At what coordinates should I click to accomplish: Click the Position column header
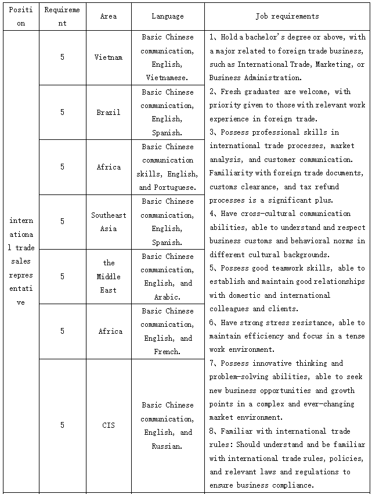tap(21, 16)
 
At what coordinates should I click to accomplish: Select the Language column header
tap(167, 16)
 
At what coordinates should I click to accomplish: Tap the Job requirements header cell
tap(287, 16)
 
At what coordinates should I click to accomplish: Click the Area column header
tap(109, 16)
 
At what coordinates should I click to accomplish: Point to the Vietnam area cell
tap(109, 57)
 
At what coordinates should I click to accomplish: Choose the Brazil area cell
tap(109, 112)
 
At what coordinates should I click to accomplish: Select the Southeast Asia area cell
tap(109, 222)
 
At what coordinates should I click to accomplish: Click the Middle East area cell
tap(109, 276)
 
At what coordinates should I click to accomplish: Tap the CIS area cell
tap(109, 426)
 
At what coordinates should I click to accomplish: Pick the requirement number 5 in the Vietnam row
tap(62, 57)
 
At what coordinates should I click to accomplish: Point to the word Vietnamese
tap(167, 78)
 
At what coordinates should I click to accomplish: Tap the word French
tap(167, 352)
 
